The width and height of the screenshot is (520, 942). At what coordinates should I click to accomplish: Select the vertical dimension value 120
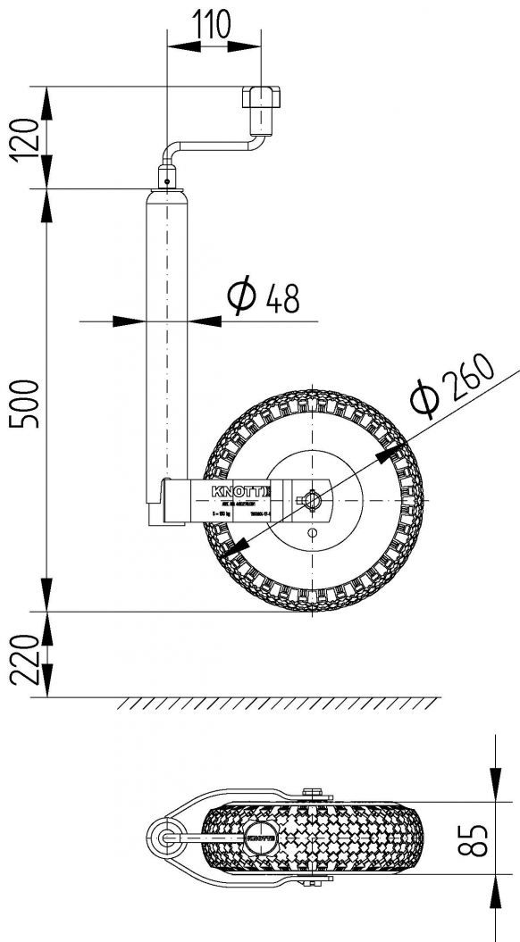(27, 136)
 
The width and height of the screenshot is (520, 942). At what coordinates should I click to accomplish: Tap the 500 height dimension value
(27, 404)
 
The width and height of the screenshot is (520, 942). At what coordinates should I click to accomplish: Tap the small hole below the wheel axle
(312, 532)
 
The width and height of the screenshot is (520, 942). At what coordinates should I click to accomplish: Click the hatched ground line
(277, 703)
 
